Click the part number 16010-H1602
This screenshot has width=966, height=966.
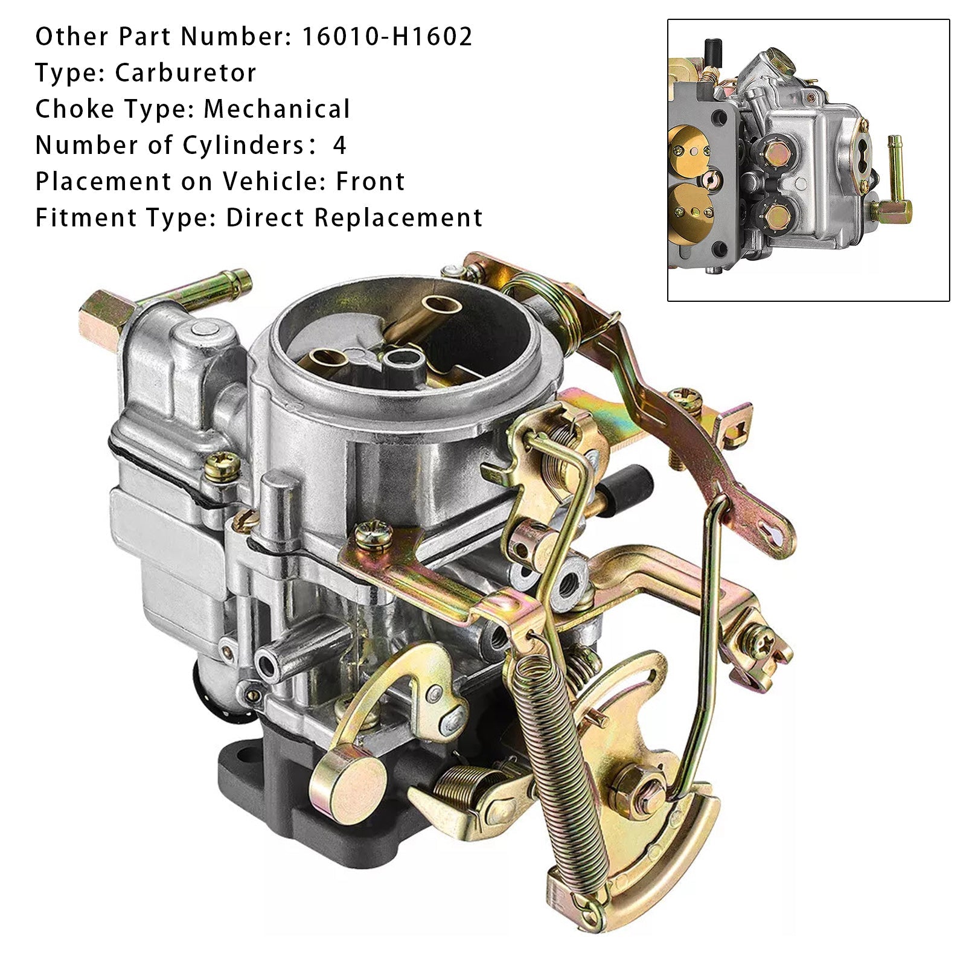(x=386, y=37)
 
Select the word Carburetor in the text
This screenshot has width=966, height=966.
(x=185, y=73)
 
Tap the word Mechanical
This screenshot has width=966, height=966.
(x=277, y=109)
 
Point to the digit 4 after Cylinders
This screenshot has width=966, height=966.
(x=339, y=146)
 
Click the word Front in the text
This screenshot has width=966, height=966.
(x=370, y=182)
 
